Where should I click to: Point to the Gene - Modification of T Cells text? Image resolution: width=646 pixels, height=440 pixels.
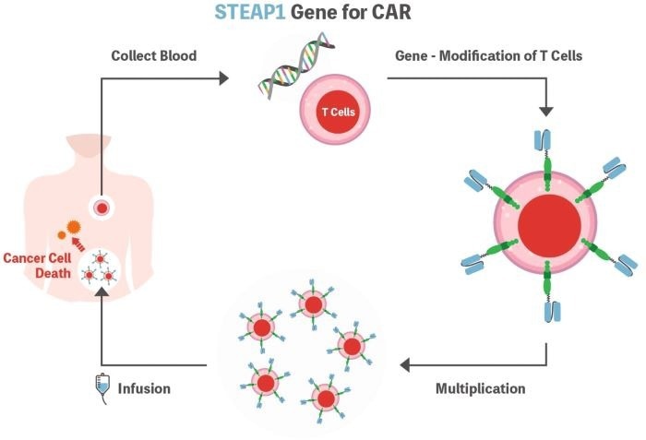click(x=487, y=55)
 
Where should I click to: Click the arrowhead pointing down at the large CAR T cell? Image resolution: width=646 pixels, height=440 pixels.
click(x=546, y=110)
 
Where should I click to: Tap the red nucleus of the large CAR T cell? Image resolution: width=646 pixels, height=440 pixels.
click(x=549, y=227)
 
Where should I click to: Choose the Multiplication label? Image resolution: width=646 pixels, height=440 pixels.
click(x=480, y=388)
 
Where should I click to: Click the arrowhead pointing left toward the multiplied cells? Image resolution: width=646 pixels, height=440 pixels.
click(x=405, y=365)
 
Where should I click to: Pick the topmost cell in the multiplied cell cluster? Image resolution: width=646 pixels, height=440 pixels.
click(x=313, y=305)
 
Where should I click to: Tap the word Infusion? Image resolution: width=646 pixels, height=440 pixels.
click(x=144, y=388)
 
